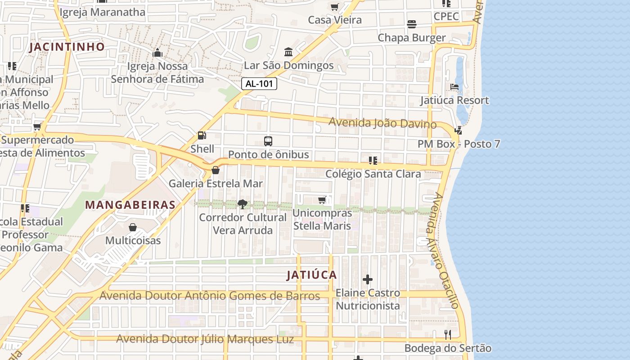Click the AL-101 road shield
point(259,84)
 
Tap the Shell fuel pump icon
point(202,135)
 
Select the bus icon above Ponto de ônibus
point(268,141)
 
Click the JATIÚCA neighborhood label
point(312,275)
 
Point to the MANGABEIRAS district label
point(130,205)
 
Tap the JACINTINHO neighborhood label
point(67,47)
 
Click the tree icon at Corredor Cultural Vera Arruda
point(243,204)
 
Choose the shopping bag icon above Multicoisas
point(133,227)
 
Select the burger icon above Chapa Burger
point(412,24)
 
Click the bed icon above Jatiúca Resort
point(454,87)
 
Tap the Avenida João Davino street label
point(382,123)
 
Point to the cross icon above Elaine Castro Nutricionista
point(368,279)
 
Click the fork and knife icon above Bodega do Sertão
point(448,335)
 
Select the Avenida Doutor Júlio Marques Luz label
point(205,339)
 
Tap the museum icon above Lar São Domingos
point(288,52)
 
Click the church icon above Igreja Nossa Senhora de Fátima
point(157,53)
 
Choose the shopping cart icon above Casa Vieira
point(334,7)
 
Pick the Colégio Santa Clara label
point(373,174)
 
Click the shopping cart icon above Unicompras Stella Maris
point(322,200)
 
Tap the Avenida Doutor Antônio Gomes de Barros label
point(210,296)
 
